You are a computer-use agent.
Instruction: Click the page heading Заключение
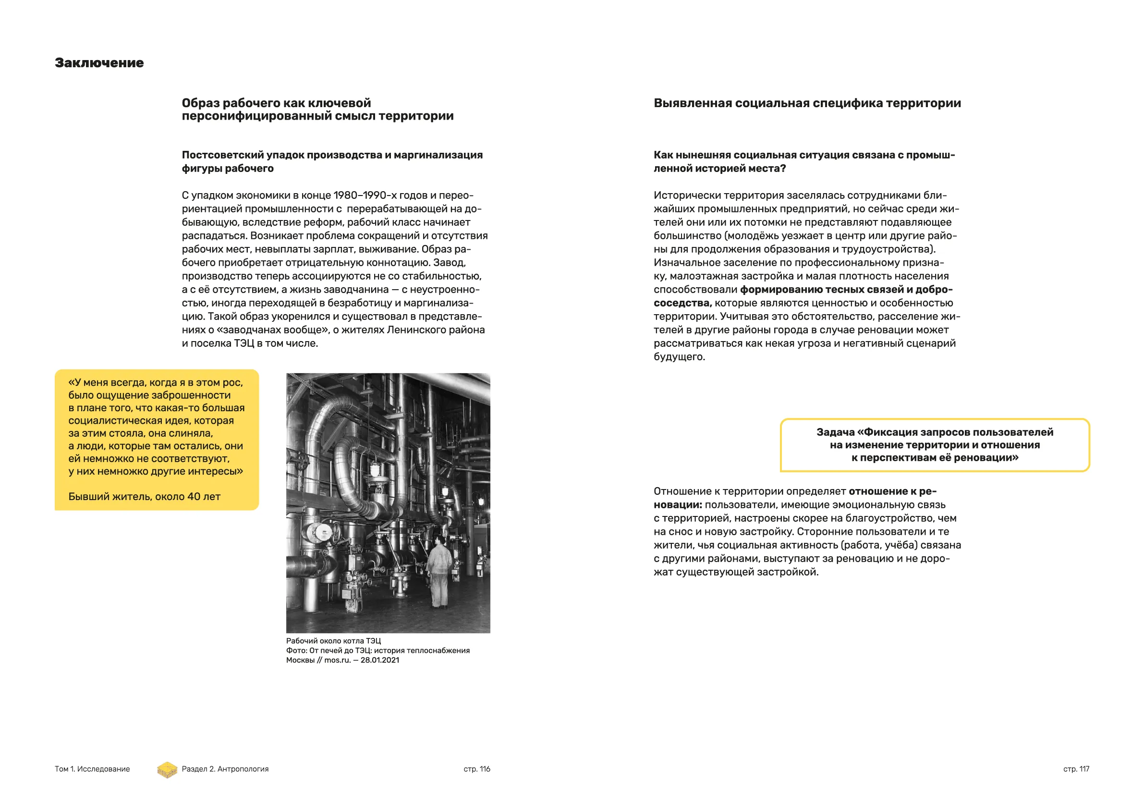tap(99, 63)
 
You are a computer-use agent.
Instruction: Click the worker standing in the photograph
tap(438, 571)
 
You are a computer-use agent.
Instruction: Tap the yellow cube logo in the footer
tap(168, 770)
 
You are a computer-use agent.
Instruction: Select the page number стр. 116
tap(477, 769)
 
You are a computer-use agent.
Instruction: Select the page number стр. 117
tap(1076, 769)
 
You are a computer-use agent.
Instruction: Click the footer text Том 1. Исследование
tap(92, 769)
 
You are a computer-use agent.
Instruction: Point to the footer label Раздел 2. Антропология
tap(225, 769)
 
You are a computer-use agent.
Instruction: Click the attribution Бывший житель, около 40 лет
tap(144, 496)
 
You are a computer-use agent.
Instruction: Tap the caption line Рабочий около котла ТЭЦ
tap(333, 641)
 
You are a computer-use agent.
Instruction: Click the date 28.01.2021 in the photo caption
tap(380, 661)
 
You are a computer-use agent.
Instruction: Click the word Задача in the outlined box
tap(835, 432)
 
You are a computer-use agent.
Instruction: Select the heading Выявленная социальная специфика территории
tap(807, 103)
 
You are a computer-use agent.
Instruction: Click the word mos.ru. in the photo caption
tap(338, 661)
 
